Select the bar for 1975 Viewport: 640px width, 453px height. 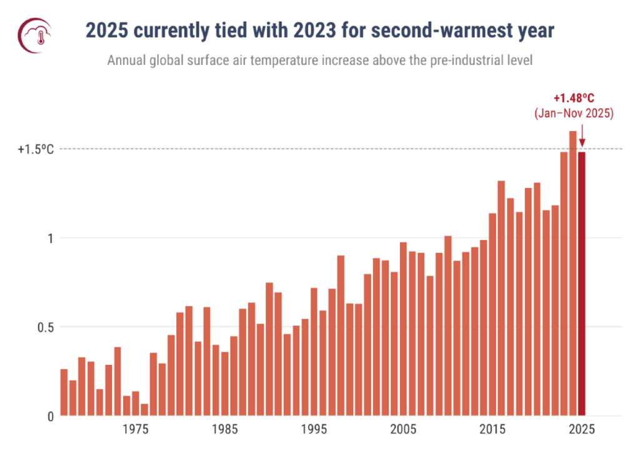tap(136, 403)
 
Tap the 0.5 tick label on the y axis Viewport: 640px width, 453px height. tap(45, 327)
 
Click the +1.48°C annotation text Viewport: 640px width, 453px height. tap(574, 98)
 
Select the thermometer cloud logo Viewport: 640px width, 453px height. tap(36, 31)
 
